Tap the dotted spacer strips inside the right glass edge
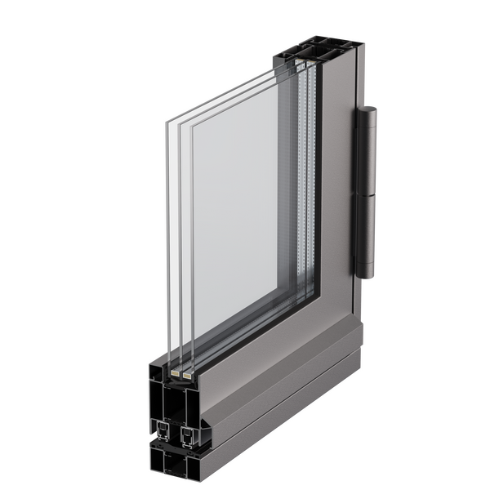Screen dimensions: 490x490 coord(303,188)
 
